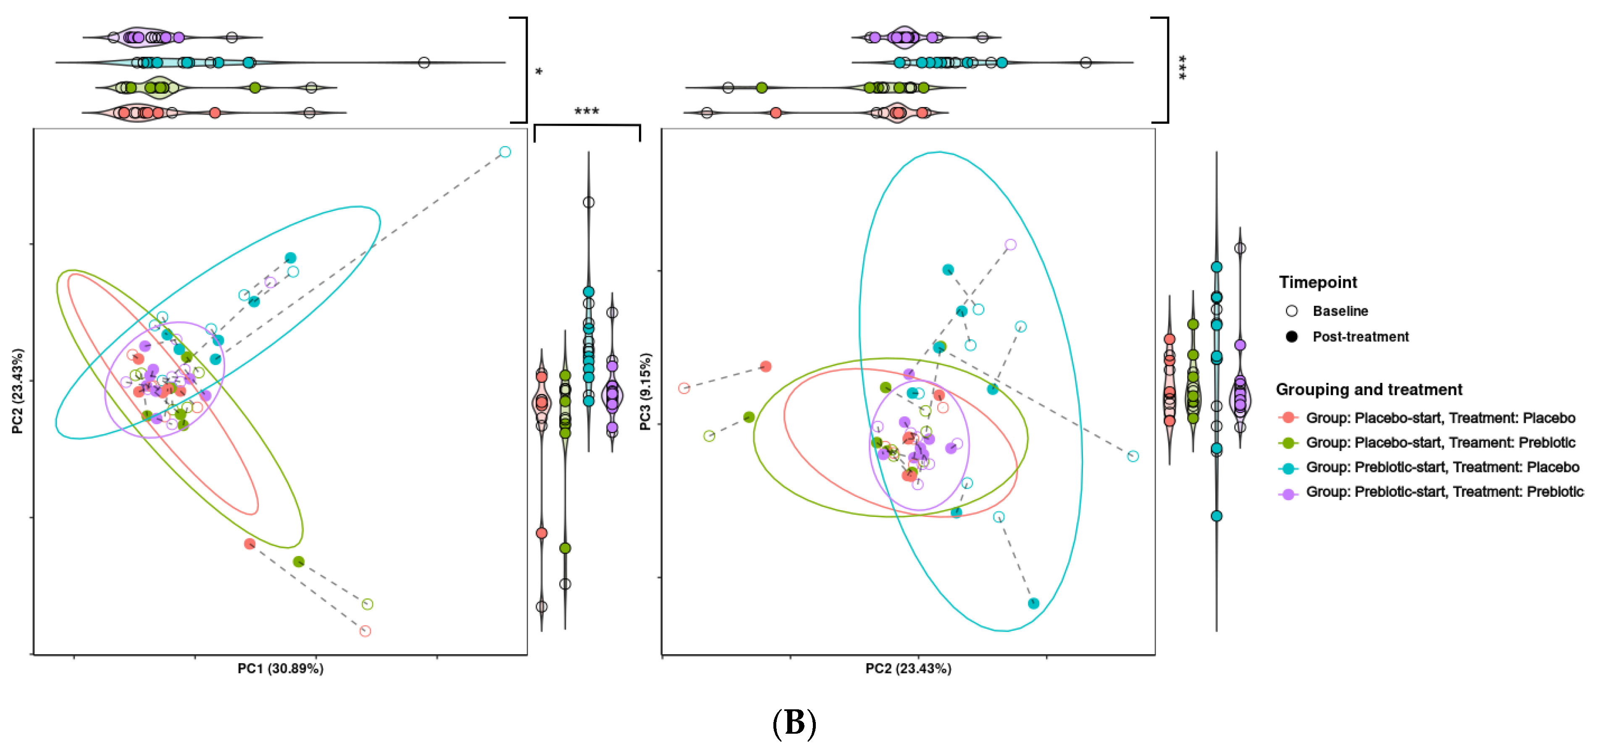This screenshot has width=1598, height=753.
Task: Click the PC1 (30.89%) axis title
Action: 280,669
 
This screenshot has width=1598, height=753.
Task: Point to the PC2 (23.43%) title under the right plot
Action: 908,669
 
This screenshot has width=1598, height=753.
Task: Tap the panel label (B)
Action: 794,723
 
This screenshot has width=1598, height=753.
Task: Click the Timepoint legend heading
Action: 1318,282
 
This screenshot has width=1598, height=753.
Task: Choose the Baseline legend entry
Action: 1340,311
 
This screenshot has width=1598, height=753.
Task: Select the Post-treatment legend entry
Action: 1360,337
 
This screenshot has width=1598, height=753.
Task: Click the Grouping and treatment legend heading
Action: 1369,390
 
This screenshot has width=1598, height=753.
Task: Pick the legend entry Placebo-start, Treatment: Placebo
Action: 1440,418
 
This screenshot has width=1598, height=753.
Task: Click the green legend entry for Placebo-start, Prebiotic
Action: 1440,443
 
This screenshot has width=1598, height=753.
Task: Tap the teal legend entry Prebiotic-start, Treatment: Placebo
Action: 1442,467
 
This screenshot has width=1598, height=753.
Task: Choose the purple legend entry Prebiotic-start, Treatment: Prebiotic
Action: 1444,492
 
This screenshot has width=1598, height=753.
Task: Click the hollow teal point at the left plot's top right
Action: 505,152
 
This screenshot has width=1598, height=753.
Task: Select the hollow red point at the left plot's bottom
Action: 365,631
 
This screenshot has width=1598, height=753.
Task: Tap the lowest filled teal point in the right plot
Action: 1033,603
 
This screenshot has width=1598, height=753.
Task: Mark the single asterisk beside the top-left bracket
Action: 539,72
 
